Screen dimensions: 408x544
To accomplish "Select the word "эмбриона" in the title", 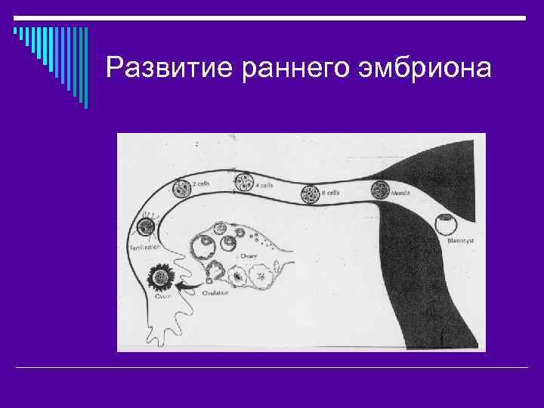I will point(425,68).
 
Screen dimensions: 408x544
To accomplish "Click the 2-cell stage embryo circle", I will point(181,188).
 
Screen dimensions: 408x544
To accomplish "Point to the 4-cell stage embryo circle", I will point(244,182).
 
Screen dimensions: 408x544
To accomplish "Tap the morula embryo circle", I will point(379,191).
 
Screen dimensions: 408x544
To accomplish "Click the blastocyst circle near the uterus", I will point(446,224).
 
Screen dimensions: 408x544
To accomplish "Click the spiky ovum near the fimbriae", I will point(160,277).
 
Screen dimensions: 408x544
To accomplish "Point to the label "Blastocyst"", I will point(460,241).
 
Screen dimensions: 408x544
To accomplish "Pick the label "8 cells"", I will point(330,193).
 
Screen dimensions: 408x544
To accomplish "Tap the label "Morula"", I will point(400,193).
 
